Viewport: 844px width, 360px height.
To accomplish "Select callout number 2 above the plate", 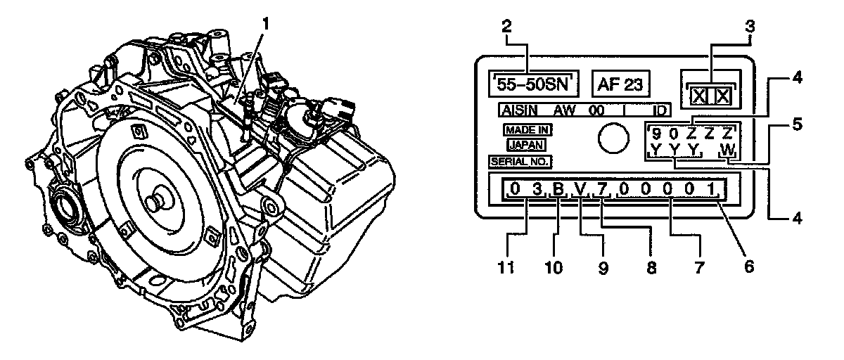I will [x=505, y=26].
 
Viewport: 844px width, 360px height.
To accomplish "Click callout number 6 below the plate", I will [x=748, y=266].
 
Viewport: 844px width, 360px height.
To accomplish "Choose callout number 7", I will [x=698, y=266].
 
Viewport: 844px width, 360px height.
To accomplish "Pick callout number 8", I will [x=651, y=266].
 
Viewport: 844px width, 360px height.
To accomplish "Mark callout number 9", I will [x=603, y=266].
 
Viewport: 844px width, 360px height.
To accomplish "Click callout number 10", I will [x=556, y=266].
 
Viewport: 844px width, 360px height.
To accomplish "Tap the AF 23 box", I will [x=621, y=84].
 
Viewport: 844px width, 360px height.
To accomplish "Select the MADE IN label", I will [x=527, y=130].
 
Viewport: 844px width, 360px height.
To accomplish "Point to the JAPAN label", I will [x=527, y=146].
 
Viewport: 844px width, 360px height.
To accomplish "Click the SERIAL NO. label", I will [x=520, y=161].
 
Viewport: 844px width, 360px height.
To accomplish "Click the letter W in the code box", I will [x=727, y=150].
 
